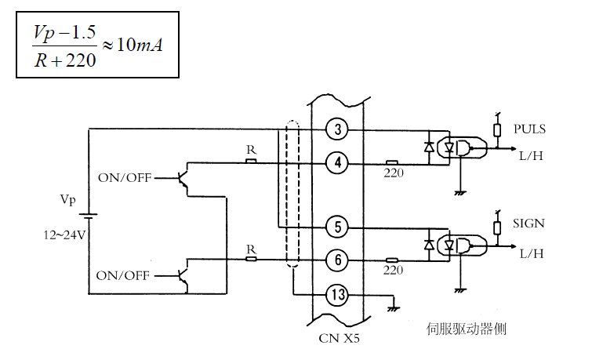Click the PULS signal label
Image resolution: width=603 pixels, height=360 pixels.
[529, 129]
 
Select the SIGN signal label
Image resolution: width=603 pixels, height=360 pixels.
[529, 224]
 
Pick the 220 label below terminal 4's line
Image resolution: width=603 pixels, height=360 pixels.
[394, 174]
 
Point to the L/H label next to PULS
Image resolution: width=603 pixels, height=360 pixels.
[531, 156]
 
